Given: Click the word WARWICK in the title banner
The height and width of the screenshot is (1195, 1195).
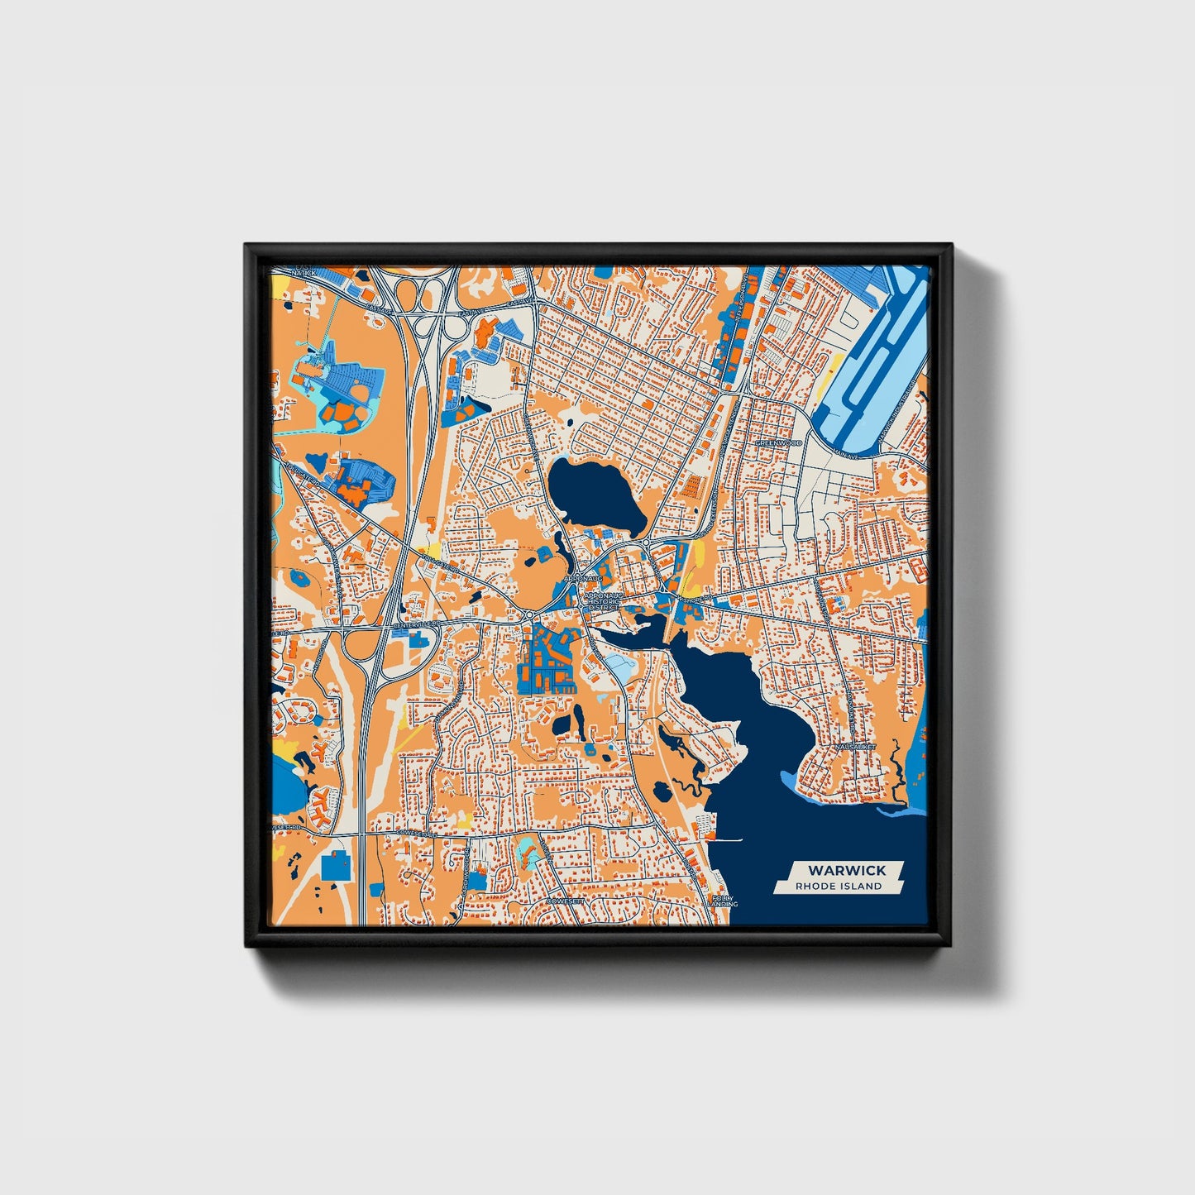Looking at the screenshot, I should click(846, 870).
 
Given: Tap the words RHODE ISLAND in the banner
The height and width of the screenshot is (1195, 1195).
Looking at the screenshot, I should click(838, 886).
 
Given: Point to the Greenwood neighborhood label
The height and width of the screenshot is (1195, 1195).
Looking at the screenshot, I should click(778, 443).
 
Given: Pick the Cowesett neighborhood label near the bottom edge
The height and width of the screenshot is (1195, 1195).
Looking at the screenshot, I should click(566, 900).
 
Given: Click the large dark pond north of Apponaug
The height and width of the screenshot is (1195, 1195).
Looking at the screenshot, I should click(595, 494).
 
